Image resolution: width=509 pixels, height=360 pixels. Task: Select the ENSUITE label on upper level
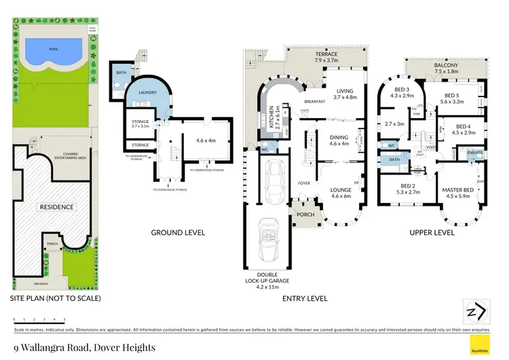click(x=474, y=154)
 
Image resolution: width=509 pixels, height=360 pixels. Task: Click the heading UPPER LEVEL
click(x=432, y=232)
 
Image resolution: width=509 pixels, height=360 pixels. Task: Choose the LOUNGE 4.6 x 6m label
click(x=341, y=192)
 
